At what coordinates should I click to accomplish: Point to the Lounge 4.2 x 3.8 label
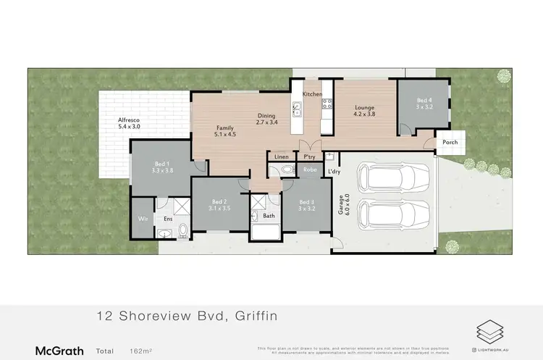click(x=364, y=110)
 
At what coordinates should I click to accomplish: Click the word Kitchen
click(x=312, y=94)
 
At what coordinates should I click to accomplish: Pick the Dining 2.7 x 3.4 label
click(x=267, y=119)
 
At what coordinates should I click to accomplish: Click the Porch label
click(x=450, y=142)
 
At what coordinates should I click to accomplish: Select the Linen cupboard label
click(x=282, y=156)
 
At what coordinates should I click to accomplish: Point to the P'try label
click(x=309, y=156)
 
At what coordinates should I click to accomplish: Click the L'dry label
click(x=334, y=171)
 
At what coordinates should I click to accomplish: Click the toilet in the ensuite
click(x=183, y=230)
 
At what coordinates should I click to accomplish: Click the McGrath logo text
click(x=59, y=351)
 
